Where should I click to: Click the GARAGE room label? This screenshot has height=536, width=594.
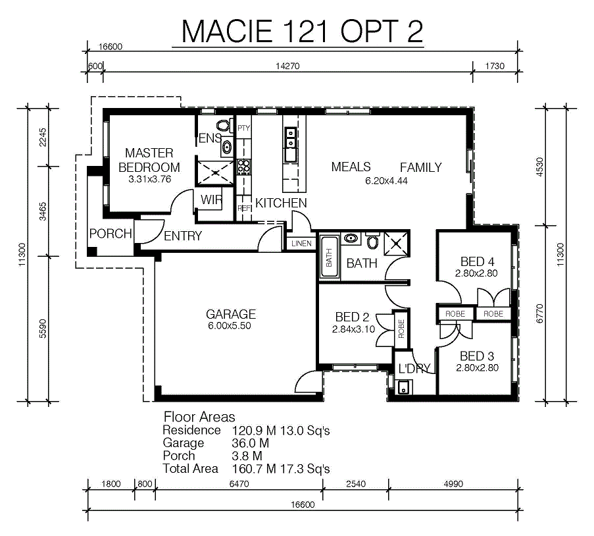tap(231, 314)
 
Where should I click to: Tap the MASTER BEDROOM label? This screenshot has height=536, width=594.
tap(149, 160)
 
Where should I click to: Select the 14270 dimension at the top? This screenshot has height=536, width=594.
tap(287, 66)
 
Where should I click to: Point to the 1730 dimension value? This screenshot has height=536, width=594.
tap(495, 66)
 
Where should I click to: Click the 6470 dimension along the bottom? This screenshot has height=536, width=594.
tap(239, 484)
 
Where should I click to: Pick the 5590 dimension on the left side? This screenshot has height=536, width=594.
tap(43, 329)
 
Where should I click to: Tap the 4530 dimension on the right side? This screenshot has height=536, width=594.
tap(540, 167)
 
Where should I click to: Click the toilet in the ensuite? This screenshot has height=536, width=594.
tap(224, 125)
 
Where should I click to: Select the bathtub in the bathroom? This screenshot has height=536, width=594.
tap(329, 257)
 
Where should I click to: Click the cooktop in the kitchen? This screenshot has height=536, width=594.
tap(243, 167)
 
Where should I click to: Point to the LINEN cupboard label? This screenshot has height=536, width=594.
tap(301, 244)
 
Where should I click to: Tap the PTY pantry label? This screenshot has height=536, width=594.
tap(243, 128)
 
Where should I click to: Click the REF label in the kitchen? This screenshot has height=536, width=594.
tap(244, 208)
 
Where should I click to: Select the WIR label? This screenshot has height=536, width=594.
tap(211, 200)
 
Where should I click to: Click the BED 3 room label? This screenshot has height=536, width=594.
tap(477, 356)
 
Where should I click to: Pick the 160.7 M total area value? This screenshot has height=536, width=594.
tap(254, 469)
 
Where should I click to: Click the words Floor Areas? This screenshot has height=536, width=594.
tap(199, 417)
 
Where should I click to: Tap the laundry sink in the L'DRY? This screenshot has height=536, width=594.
tap(403, 388)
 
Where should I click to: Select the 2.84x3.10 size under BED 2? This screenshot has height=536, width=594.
tap(353, 329)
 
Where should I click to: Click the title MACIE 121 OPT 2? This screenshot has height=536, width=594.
tap(302, 31)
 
